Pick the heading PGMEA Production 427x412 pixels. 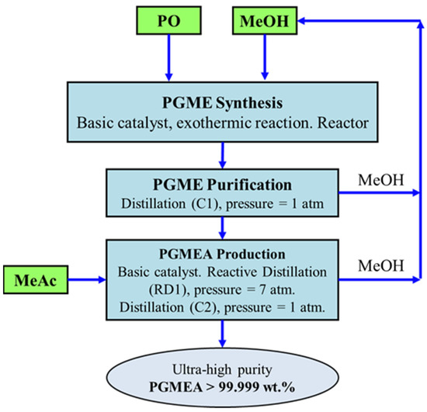224,253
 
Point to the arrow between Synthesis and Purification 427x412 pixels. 224,153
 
